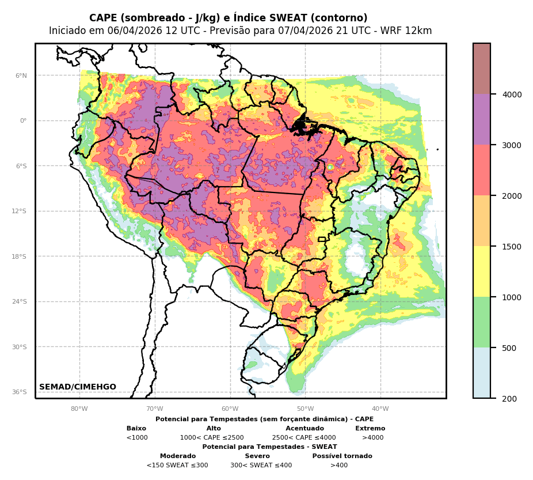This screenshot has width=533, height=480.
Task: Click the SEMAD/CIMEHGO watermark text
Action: (78, 387)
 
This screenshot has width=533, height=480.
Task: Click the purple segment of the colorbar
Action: (482, 119)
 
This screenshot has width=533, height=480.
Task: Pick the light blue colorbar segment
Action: (482, 373)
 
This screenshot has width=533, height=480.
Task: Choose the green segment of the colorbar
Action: (482, 322)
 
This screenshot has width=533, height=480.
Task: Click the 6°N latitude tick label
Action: (21, 75)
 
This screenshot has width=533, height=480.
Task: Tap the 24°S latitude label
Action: (20, 302)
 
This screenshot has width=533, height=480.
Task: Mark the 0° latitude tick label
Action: (24, 121)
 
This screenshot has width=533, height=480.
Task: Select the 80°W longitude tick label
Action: (79, 409)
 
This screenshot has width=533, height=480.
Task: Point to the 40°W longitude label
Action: (380, 409)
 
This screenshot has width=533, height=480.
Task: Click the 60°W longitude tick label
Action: (230, 409)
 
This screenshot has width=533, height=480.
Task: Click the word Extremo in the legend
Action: (370, 429)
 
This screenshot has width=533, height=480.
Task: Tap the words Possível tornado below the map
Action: (342, 456)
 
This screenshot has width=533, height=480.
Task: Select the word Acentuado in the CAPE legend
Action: (304, 429)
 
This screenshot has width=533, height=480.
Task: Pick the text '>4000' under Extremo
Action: (372, 438)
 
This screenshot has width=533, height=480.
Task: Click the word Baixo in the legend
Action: (136, 429)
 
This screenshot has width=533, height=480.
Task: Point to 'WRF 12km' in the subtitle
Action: (411, 31)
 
